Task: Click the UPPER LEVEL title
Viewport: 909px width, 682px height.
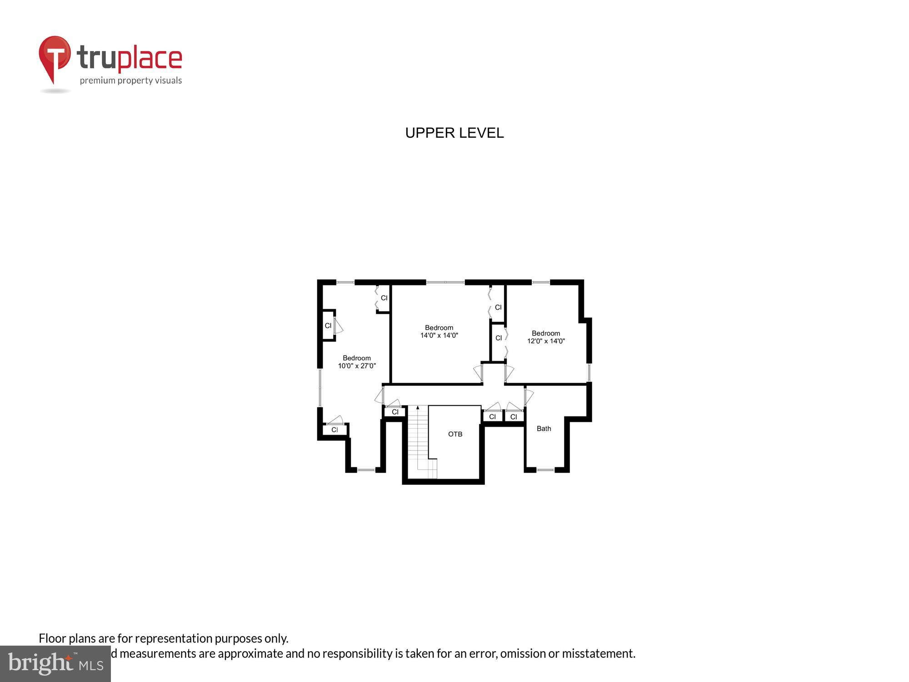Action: pos(454,133)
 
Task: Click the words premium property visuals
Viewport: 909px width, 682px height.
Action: pos(131,80)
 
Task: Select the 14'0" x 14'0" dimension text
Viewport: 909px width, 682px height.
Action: pos(439,336)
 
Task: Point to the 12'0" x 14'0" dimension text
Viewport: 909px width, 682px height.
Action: pos(546,341)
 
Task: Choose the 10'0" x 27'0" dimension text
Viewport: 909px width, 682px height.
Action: pos(357,366)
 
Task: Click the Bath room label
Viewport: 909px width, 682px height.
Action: pos(544,428)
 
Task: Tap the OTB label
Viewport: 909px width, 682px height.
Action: pos(455,434)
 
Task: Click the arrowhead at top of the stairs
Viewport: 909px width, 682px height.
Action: pos(418,408)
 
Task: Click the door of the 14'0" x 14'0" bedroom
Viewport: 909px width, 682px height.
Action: pos(478,373)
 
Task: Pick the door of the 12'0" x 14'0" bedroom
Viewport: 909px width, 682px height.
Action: pos(509,373)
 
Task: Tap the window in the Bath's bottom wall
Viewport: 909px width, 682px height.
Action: pos(545,470)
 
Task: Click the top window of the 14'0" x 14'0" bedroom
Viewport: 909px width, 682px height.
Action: pos(445,283)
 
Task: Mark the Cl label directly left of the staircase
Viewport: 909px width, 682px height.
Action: pos(395,412)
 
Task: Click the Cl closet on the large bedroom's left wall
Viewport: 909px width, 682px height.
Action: pos(328,326)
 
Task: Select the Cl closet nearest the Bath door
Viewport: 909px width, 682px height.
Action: pos(514,416)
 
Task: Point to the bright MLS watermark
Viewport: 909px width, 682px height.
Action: pos(55,664)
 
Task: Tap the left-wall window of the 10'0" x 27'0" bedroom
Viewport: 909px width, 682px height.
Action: pos(320,387)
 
